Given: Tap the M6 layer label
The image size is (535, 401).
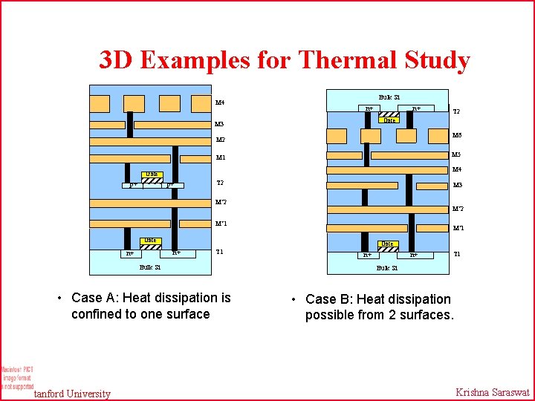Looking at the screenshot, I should (x=458, y=136).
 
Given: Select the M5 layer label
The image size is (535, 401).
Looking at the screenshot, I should (x=458, y=154).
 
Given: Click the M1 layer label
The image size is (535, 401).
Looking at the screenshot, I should (x=221, y=157).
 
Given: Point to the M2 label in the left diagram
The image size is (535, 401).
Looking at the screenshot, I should (x=221, y=140).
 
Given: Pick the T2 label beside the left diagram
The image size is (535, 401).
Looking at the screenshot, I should (x=220, y=183).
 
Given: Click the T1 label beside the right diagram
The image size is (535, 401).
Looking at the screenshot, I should (x=458, y=254).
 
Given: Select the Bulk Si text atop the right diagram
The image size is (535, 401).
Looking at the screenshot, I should (x=389, y=97).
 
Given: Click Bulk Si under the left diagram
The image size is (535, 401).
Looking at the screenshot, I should (x=150, y=267).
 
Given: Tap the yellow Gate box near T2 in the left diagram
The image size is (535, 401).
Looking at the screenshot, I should (x=151, y=175).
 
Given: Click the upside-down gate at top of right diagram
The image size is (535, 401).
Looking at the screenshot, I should (x=389, y=120).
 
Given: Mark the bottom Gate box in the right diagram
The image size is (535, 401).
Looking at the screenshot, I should (x=387, y=244).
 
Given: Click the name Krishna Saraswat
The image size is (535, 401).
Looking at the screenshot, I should (x=491, y=393).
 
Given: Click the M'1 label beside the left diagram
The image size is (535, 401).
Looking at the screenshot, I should (x=221, y=224).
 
